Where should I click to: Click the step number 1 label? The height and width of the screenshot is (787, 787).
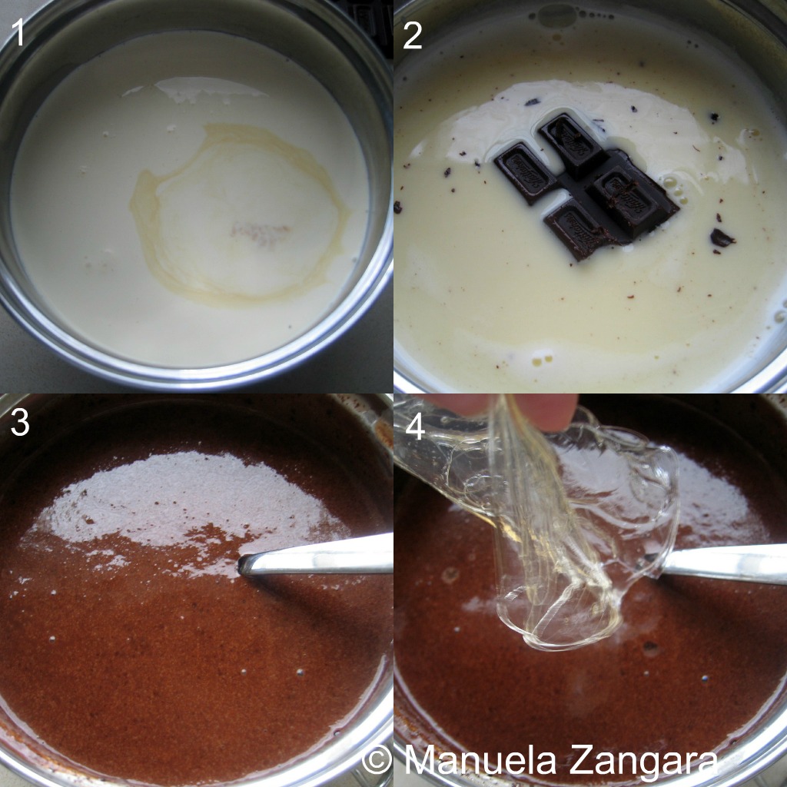(19, 33)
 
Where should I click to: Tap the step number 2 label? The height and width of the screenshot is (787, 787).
(413, 36)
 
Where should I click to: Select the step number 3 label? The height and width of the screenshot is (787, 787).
(20, 423)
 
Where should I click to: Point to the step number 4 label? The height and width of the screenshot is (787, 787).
(415, 427)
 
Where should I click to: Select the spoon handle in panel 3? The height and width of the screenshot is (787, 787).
(316, 555)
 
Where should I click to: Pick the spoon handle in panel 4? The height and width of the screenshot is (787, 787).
(722, 563)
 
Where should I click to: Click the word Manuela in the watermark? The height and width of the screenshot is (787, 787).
(480, 759)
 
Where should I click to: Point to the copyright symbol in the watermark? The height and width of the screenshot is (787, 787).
(377, 760)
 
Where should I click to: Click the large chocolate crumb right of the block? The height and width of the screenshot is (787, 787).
(722, 237)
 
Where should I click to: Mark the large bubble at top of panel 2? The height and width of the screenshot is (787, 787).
(556, 16)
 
